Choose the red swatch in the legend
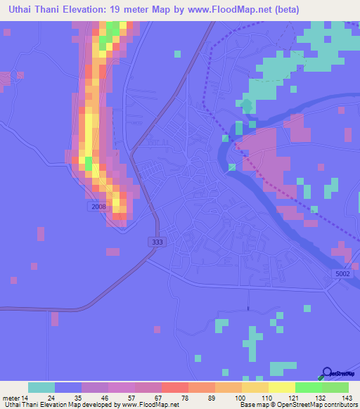[x=175, y=387]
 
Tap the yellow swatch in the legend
[x=282, y=387]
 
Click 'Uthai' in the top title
[x=20, y=10]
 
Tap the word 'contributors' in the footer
[x=340, y=405]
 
